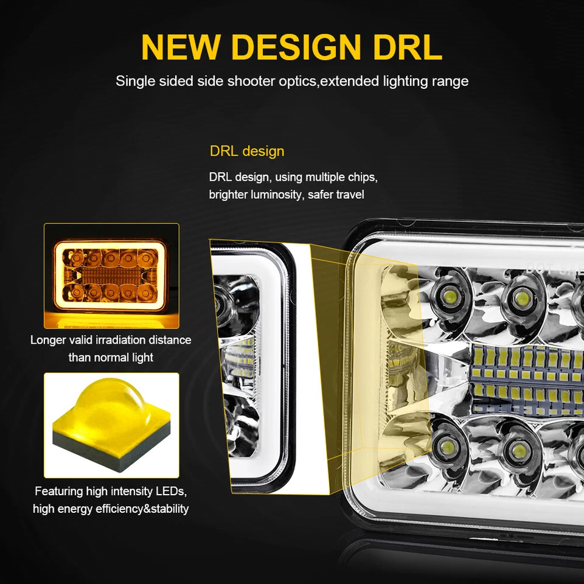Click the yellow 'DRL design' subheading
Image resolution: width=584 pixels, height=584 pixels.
click(x=246, y=151)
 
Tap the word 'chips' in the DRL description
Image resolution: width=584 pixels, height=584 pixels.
click(x=361, y=178)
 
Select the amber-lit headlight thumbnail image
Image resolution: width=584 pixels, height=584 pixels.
click(x=111, y=276)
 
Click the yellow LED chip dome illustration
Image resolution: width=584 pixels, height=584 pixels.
click(x=111, y=425)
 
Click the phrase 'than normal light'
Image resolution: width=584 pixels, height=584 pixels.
click(x=111, y=357)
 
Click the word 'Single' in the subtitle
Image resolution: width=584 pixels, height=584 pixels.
click(x=134, y=81)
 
